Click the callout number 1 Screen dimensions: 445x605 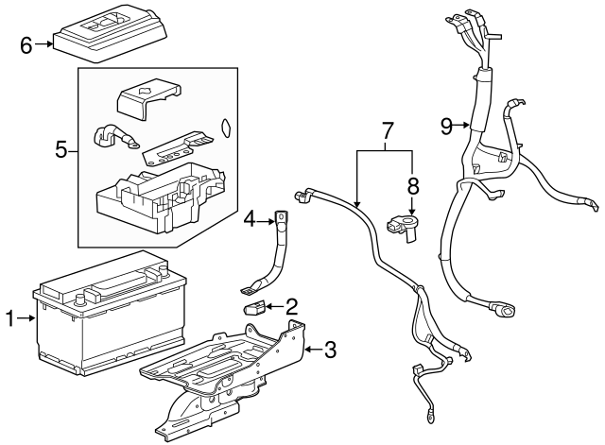10,320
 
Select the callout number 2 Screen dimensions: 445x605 291,304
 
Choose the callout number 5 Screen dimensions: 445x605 60,148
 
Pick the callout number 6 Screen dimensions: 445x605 26,43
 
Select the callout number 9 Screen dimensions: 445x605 447,123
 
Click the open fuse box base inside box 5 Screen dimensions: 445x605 161,194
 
